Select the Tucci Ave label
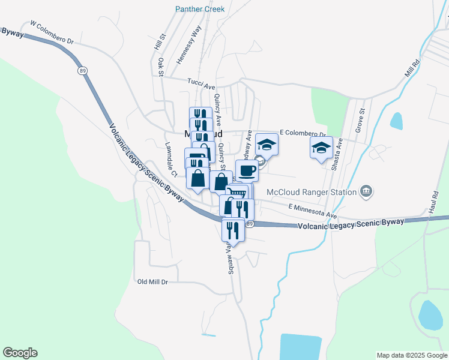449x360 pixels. pyautogui.click(x=201, y=83)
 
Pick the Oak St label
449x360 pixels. pyautogui.click(x=161, y=67)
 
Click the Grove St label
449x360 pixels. pyautogui.click(x=361, y=121)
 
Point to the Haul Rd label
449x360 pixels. pyautogui.click(x=436, y=195)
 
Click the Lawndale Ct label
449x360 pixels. pyautogui.click(x=171, y=160)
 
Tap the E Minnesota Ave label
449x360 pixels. pyautogui.click(x=312, y=211)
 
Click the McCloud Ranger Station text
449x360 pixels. pyautogui.click(x=312, y=192)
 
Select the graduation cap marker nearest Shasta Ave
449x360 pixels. pyautogui.click(x=321, y=147)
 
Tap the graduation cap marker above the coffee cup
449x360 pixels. pyautogui.click(x=267, y=144)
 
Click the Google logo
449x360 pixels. pyautogui.click(x=20, y=353)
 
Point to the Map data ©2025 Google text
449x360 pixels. pyautogui.click(x=412, y=355)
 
